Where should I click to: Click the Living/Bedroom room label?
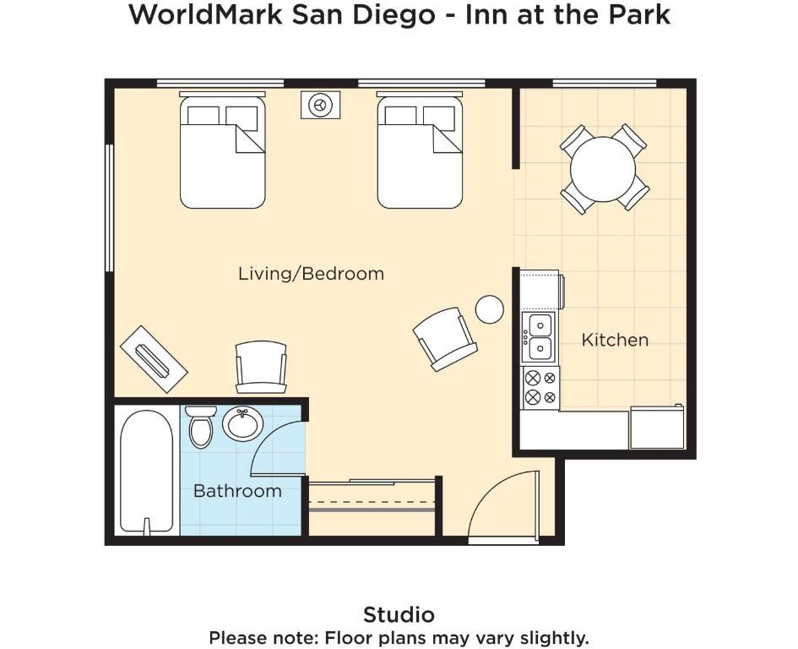311,274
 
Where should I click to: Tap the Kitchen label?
615,340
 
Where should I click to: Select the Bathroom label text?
237,491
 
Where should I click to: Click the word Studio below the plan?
399,615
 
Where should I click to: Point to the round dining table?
603,169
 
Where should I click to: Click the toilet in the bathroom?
200,427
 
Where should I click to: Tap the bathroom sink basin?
242,423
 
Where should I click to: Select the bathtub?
146,472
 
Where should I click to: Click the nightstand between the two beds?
320,105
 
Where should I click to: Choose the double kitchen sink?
540,337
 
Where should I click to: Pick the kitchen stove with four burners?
541,387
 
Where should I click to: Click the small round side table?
490,309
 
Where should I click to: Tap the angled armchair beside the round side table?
445,338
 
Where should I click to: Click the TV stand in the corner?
154,359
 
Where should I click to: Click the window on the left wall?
109,208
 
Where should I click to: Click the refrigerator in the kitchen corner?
657,428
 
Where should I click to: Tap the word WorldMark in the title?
205,14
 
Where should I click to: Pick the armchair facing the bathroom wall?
261,367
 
